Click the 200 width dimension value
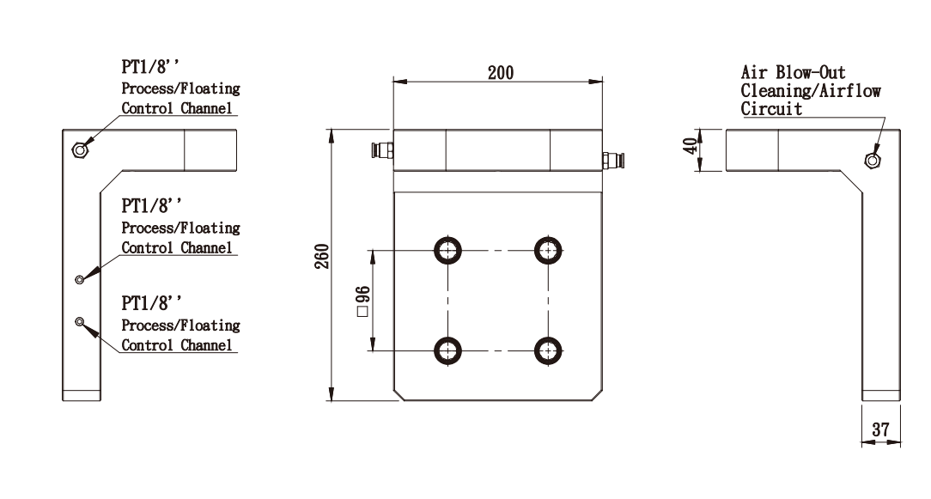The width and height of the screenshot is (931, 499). tap(501, 73)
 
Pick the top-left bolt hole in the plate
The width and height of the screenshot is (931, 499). tap(447, 250)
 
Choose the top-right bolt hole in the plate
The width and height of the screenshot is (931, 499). tap(548, 250)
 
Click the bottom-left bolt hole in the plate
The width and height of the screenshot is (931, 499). tap(447, 350)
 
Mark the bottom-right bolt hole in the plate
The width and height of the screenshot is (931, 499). tap(548, 350)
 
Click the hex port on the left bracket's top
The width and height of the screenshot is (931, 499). tap(80, 150)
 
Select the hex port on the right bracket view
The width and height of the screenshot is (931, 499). tap(873, 159)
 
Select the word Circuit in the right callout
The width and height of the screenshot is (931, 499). tap(771, 109)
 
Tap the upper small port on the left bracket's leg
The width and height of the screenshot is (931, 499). tap(80, 278)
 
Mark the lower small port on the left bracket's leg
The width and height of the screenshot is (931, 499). tap(80, 321)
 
